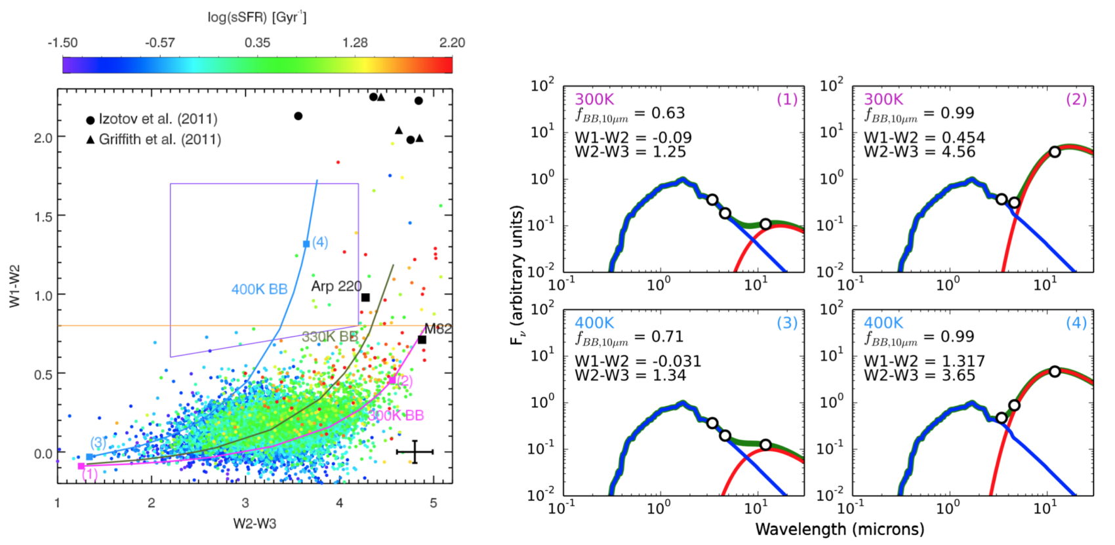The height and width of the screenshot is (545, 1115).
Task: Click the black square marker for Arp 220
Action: tap(365, 298)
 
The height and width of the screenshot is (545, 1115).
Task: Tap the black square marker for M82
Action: tap(422, 340)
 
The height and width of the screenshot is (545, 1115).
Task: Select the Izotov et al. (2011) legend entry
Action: tap(152, 119)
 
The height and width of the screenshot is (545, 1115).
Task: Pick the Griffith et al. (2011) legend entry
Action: tap(153, 140)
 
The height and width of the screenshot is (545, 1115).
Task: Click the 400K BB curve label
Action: tap(259, 289)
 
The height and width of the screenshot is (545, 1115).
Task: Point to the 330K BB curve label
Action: tap(330, 337)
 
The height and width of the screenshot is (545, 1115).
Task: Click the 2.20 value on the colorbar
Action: tap(452, 43)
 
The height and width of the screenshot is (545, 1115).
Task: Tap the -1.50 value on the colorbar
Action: tap(62, 43)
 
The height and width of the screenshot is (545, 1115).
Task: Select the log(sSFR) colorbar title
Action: tap(256, 17)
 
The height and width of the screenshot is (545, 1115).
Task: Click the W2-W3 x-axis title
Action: tap(254, 523)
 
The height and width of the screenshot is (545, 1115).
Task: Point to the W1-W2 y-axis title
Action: tap(14, 286)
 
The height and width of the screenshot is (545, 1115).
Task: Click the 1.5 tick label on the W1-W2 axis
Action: tap(43, 216)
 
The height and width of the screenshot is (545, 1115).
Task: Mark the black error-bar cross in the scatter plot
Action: tap(415, 452)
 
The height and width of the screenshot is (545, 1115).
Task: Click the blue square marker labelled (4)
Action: tap(306, 244)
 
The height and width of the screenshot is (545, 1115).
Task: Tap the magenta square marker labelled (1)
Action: tap(81, 466)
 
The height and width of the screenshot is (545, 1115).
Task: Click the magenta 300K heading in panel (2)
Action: tap(883, 100)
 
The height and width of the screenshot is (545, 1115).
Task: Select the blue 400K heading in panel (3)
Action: tap(594, 323)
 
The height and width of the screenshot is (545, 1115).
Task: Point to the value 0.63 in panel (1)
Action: tap(668, 113)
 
